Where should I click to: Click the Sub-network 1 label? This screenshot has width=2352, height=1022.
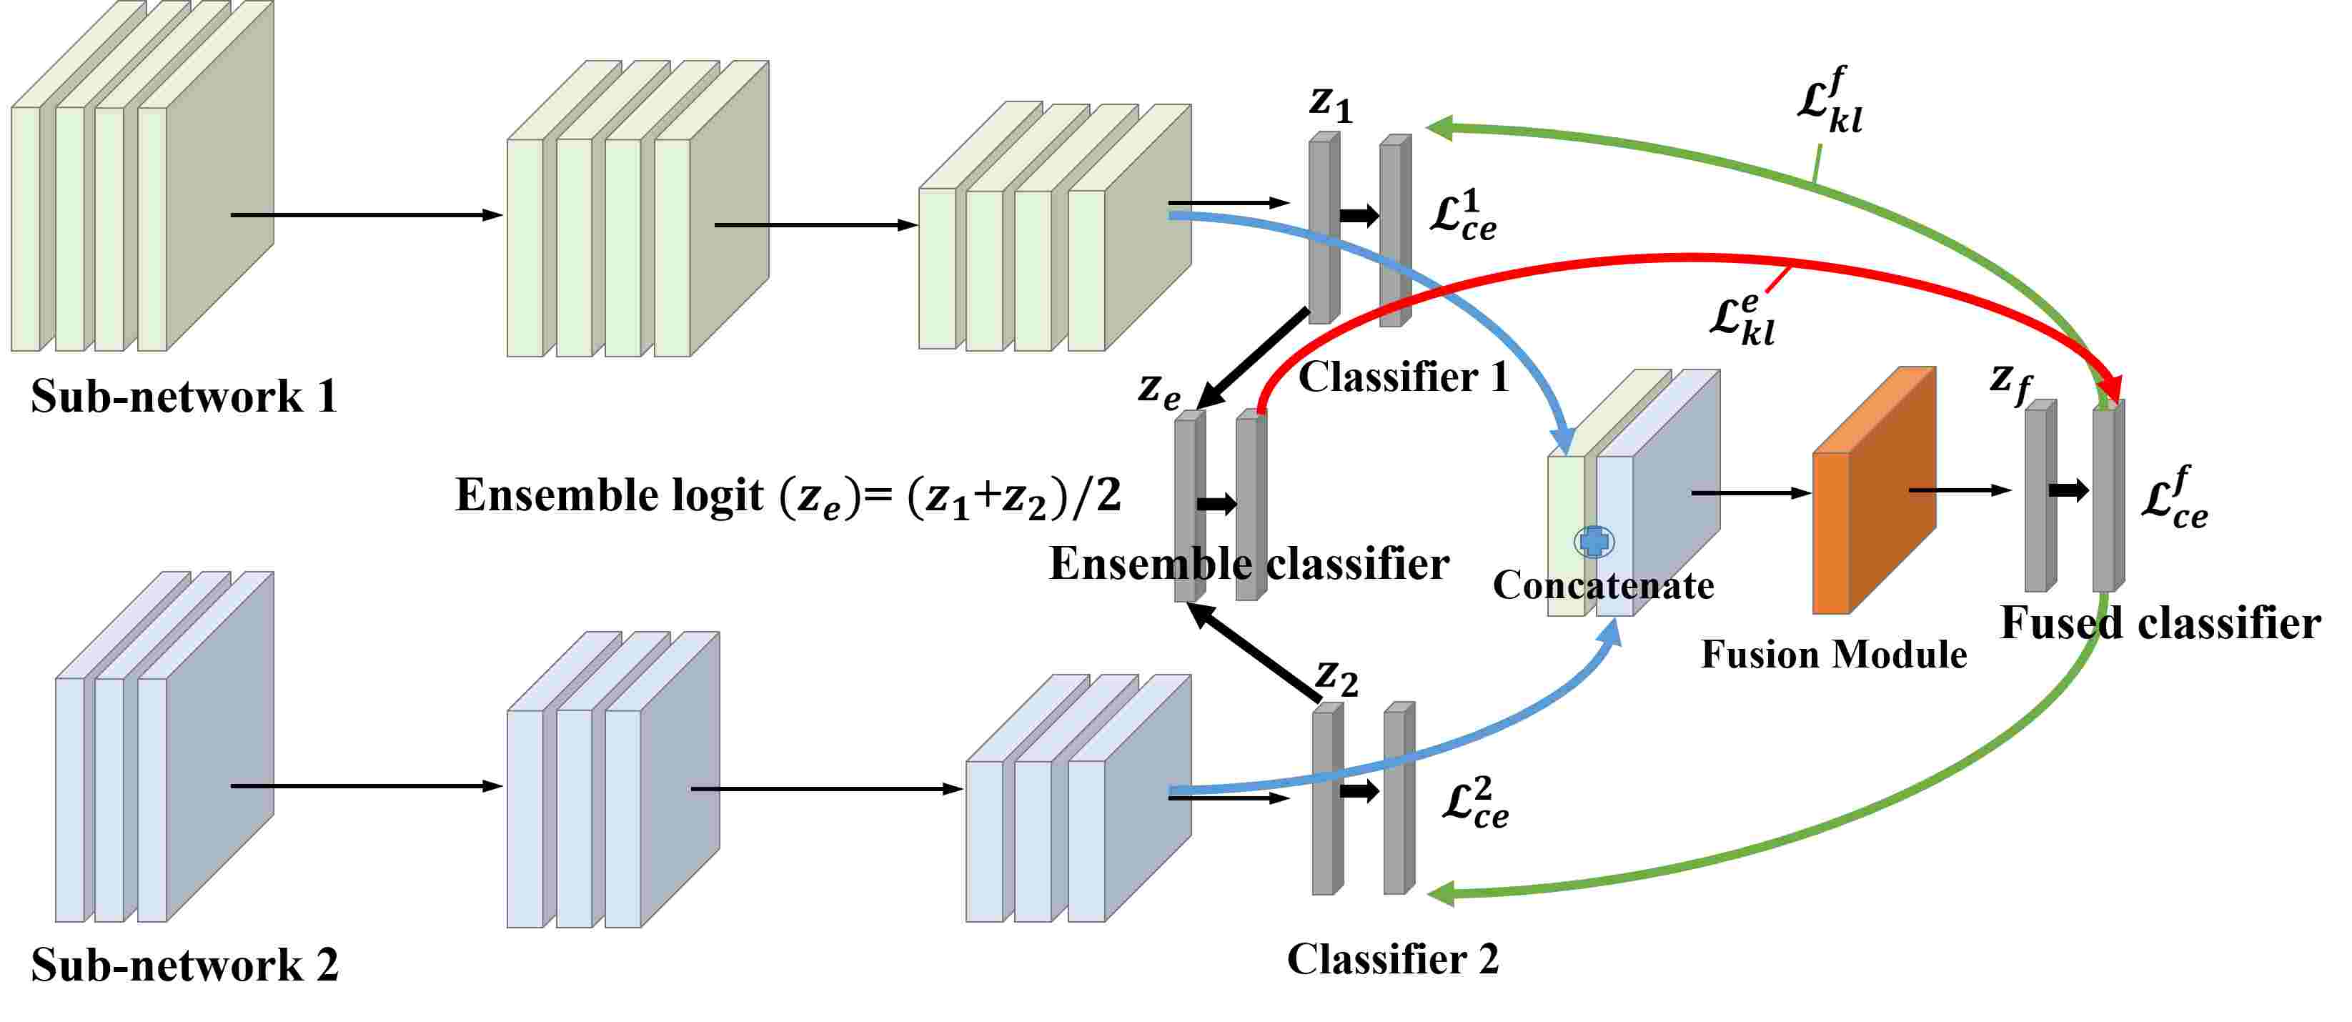(184, 397)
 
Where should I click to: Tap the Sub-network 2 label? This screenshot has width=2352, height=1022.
(184, 964)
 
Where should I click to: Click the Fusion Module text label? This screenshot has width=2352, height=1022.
(1833, 655)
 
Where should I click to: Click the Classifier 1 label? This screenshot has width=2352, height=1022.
(1404, 377)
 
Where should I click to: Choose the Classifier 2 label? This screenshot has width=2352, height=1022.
(1392, 959)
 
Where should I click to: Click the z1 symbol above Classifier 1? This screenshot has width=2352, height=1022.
(1329, 102)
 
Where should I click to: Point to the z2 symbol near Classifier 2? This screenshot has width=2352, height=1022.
(1336, 677)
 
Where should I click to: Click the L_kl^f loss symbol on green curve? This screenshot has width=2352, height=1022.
(1829, 101)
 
